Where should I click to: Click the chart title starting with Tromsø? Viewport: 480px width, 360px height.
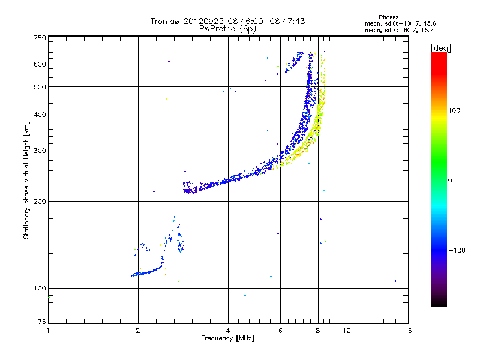click(227, 21)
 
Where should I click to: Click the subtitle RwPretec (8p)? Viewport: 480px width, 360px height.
click(227, 29)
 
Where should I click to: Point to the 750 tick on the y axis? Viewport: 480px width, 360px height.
click(40, 38)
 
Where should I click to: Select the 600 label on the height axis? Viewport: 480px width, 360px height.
click(40, 64)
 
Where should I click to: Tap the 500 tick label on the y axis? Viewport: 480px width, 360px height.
click(40, 87)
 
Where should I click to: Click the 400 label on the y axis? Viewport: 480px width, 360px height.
click(40, 115)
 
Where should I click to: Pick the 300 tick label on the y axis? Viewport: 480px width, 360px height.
click(40, 151)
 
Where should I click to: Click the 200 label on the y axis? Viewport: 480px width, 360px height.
click(40, 202)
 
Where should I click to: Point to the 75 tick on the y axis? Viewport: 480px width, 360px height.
click(42, 322)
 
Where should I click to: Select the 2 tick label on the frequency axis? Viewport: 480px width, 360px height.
click(138, 331)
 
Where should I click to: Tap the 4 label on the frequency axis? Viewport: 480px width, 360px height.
click(228, 331)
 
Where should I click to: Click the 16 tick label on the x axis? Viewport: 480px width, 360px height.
click(408, 331)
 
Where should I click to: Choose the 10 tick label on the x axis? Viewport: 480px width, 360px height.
click(347, 331)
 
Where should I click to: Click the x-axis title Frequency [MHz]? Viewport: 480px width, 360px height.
click(227, 338)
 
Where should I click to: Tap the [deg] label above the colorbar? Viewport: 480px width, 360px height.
click(440, 48)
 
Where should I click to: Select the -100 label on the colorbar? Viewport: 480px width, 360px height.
click(457, 250)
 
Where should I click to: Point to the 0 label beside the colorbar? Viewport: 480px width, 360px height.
click(450, 180)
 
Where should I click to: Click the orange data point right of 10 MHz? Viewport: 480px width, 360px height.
click(358, 91)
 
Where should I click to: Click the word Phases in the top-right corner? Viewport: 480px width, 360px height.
click(388, 17)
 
